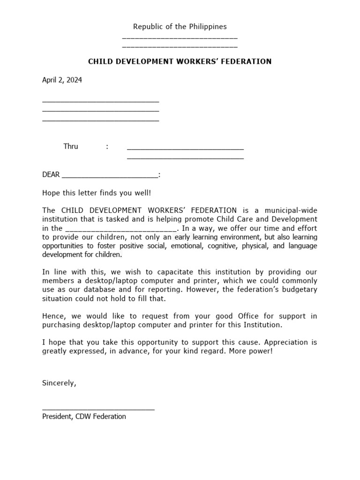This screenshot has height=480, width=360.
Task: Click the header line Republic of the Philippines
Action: click(180, 27)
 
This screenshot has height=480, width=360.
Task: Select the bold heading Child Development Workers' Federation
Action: click(180, 61)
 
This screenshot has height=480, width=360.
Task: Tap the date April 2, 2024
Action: click(62, 80)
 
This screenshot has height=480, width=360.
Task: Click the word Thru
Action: click(71, 146)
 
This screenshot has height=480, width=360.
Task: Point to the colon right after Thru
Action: click(107, 146)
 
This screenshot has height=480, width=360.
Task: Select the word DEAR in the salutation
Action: click(51, 175)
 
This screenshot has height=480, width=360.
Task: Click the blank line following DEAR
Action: click(110, 176)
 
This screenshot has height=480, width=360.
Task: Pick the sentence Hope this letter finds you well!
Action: click(97, 193)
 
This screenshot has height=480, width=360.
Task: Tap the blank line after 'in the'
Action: click(121, 229)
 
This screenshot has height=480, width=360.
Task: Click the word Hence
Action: click(52, 316)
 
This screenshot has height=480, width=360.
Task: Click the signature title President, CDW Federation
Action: click(84, 416)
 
